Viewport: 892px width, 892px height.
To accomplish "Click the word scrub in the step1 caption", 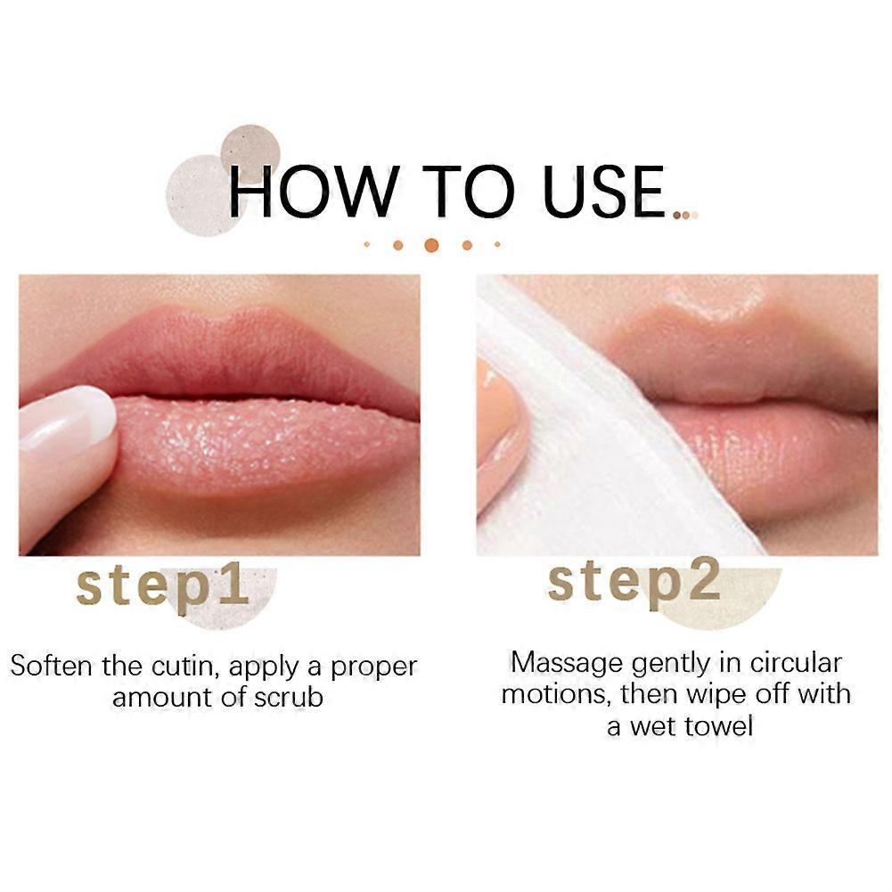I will [x=287, y=697].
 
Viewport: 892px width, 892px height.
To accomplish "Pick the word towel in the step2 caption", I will [x=719, y=725].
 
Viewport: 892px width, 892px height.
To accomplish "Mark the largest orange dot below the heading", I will [x=431, y=244].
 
